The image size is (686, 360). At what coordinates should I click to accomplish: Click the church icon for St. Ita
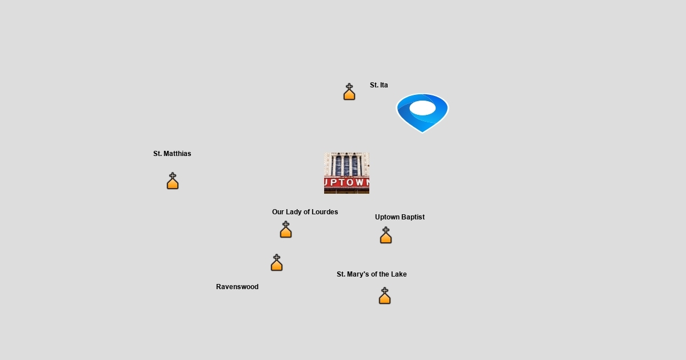coord(349,92)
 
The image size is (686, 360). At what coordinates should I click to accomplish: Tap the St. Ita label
coord(378,85)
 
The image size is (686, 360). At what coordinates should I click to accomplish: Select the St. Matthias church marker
coord(173,181)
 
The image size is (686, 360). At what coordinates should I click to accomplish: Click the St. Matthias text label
coord(172,154)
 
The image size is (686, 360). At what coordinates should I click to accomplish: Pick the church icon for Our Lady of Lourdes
coord(286,230)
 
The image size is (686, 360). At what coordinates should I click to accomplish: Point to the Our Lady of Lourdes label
coord(305,212)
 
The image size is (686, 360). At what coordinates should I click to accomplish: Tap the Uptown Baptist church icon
coord(386,235)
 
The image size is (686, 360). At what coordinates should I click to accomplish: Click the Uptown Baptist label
coord(400,217)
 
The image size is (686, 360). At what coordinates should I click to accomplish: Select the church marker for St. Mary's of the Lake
coord(385,296)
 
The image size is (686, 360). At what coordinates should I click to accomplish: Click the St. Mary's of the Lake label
coord(372,274)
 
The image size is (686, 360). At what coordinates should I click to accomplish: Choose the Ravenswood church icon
coord(277,263)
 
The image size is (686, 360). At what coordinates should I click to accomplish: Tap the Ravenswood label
coord(237,287)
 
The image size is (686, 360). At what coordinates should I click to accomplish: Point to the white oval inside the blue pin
coord(422,107)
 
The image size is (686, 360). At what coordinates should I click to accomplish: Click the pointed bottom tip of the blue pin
coord(422,131)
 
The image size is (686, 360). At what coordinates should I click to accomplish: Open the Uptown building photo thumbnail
coord(346,173)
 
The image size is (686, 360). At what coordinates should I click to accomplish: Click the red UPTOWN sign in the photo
coord(346,183)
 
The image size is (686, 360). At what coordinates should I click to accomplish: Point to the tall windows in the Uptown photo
coord(346,165)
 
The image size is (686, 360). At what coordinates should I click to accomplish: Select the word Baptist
coord(413,217)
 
